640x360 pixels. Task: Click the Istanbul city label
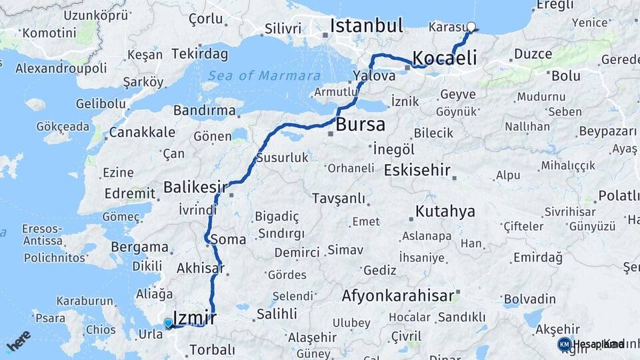pos(367,26)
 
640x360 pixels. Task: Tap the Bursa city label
pos(360,125)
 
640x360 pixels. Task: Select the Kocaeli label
pos(445,57)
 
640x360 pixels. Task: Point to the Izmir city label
pos(194,317)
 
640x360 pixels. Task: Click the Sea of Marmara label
pos(263,75)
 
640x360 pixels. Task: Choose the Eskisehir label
pos(417,169)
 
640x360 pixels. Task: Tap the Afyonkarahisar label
pos(398,295)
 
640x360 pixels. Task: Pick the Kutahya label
pos(445,212)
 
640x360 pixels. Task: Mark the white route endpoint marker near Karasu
pos(471,27)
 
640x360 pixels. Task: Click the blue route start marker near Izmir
pos(168,323)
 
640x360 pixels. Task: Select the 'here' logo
pos(18,341)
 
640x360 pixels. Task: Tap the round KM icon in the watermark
pos(564,344)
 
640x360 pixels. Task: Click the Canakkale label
pos(142,132)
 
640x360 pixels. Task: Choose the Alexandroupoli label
pos(61,68)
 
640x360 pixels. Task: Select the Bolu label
pos(565,76)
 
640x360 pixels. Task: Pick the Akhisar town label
pos(199,269)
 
